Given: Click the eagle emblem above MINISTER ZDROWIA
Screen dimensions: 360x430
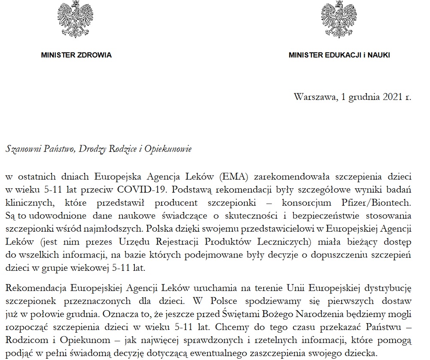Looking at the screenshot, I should click(x=76, y=19).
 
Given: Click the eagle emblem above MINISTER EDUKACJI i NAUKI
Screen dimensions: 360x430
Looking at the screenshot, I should click(x=339, y=19).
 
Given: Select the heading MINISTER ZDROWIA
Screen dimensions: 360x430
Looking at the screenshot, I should click(x=76, y=55).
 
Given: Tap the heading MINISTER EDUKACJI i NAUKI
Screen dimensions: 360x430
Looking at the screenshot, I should click(x=339, y=55).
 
